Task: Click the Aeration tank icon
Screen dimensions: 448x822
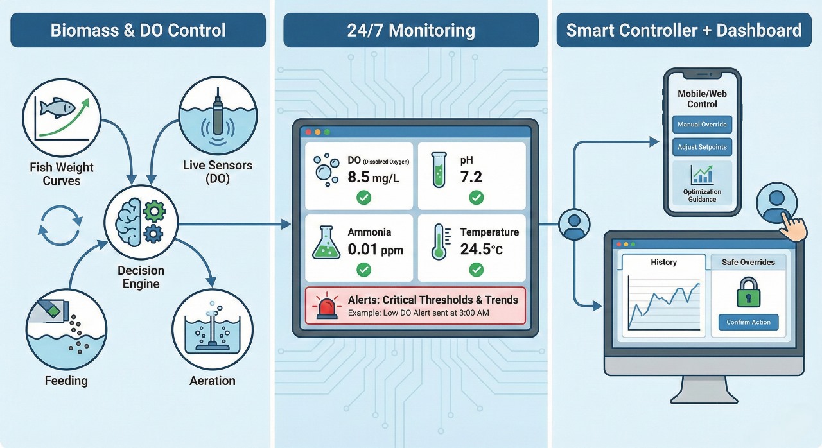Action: (212, 331)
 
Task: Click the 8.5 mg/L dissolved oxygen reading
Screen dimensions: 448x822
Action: (373, 177)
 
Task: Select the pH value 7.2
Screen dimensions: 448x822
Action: (471, 177)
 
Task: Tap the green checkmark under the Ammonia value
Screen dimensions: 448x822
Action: (363, 270)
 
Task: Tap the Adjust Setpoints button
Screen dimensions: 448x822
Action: (702, 147)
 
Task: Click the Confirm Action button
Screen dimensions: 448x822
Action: (748, 322)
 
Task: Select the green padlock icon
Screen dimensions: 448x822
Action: (748, 292)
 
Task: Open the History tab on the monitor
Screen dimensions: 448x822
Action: (663, 262)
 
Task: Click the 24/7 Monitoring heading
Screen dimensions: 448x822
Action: (411, 30)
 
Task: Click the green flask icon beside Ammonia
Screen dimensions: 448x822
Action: (326, 245)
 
